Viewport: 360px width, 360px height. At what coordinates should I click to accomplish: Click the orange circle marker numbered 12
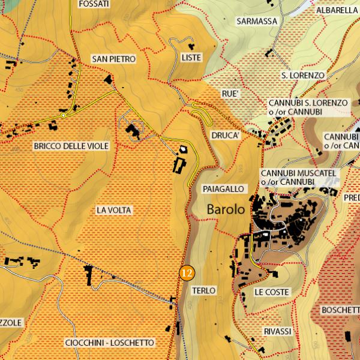click(x=187, y=272)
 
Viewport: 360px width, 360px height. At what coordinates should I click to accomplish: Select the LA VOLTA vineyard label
click(x=113, y=211)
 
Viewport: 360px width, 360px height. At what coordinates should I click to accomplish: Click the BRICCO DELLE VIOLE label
click(x=71, y=146)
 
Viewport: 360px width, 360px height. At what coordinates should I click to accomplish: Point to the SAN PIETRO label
click(x=113, y=59)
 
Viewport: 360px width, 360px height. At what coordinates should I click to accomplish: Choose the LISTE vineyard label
click(x=191, y=58)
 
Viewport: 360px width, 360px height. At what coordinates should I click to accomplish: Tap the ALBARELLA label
click(x=337, y=10)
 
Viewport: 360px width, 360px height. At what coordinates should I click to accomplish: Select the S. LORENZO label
click(x=302, y=76)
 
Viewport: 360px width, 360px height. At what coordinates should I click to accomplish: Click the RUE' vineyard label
click(x=230, y=94)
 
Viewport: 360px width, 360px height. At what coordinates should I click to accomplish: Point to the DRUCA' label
click(x=226, y=136)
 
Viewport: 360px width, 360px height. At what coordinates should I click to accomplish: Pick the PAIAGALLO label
click(x=224, y=189)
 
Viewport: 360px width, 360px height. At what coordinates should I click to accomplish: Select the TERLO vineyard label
click(x=203, y=290)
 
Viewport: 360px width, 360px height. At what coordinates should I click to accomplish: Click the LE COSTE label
click(x=271, y=292)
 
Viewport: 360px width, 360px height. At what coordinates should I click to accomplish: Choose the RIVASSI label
click(x=277, y=332)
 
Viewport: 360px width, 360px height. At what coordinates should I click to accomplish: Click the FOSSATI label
click(x=94, y=4)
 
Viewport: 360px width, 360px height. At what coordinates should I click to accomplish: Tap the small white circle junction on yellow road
click(x=63, y=115)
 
